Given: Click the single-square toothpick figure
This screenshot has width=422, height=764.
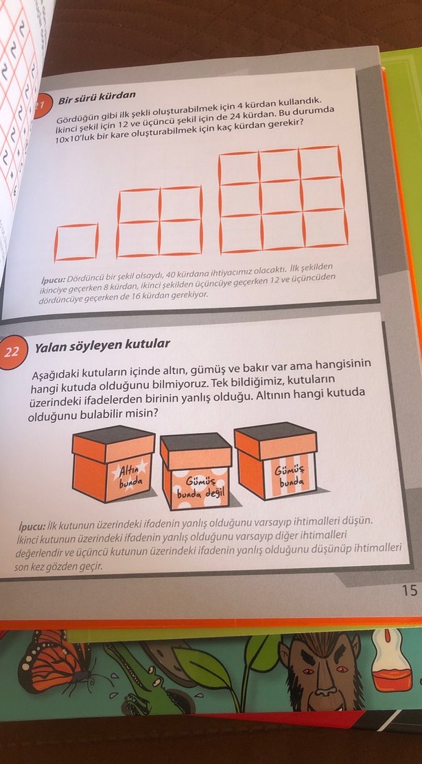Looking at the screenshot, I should (75, 242).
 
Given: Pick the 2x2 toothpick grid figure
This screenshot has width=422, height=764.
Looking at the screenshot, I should (159, 221).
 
